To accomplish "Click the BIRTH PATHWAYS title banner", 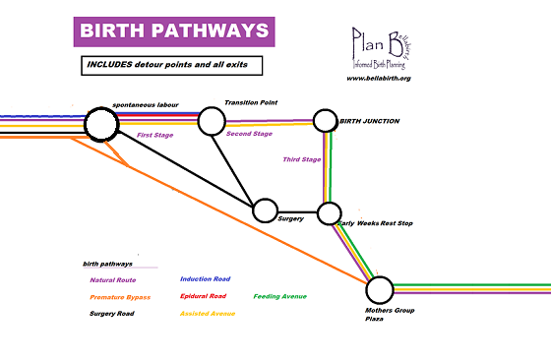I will (173, 30).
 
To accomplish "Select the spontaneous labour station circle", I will (99, 124).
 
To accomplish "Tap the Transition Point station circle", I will (212, 121).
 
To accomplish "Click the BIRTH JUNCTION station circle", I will (326, 121).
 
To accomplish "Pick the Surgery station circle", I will (265, 210).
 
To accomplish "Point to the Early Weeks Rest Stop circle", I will (329, 213).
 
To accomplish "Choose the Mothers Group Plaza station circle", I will (379, 289).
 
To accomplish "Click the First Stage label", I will (156, 135).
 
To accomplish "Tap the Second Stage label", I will (249, 133).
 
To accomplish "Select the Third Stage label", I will (301, 159).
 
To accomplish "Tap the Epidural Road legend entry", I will (203, 296).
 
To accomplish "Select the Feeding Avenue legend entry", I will (279, 296).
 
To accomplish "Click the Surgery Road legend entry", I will (110, 314).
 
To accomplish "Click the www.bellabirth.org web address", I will (378, 78).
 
